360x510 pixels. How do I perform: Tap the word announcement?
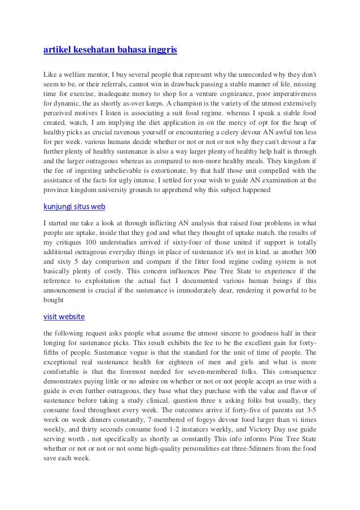[70, 291]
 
